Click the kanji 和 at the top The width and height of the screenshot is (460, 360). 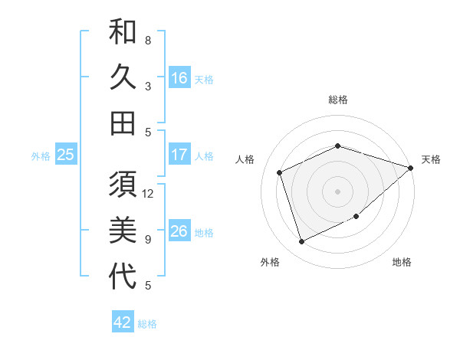[x=123, y=32]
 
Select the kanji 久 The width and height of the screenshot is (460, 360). [x=123, y=77]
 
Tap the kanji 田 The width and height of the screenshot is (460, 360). [x=123, y=123]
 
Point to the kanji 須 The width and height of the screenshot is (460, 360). [x=123, y=185]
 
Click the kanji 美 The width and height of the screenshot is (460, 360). [x=123, y=230]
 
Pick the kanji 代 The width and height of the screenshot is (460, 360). [x=123, y=276]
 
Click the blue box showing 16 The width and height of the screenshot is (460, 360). [x=179, y=78]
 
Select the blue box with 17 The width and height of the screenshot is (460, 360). [x=179, y=155]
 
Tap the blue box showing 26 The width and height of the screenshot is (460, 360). [x=179, y=231]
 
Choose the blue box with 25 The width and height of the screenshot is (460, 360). [x=66, y=155]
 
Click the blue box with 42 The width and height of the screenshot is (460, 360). [x=123, y=322]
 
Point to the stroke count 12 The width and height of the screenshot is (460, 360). [x=149, y=194]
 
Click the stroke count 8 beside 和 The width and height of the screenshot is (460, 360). [x=148, y=41]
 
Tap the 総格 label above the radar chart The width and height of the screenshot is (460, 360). [x=337, y=100]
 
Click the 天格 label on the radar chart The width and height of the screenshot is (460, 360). [x=431, y=159]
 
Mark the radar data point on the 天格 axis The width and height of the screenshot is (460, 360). [x=412, y=167]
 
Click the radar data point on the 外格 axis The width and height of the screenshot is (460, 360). [x=301, y=242]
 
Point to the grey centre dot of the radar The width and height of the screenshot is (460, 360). [x=337, y=191]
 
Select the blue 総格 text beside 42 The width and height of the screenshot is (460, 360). [x=147, y=324]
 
